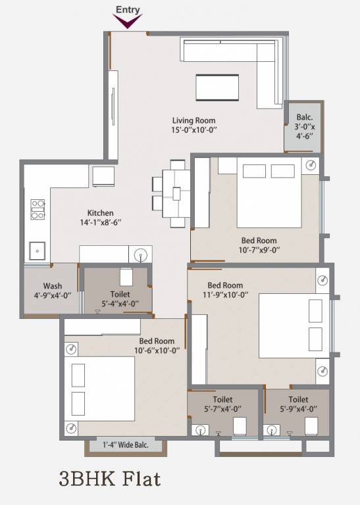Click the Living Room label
tap(193, 120)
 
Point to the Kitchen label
tap(101, 213)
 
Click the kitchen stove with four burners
tap(38, 209)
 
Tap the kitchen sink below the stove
tap(37, 251)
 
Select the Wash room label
tap(53, 286)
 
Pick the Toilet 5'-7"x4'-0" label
tap(222, 404)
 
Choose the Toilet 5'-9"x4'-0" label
tap(298, 404)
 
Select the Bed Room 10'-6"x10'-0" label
tap(157, 345)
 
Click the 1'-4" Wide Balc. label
tap(125, 445)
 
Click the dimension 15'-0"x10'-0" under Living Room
tap(193, 130)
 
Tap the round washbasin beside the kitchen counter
tap(140, 254)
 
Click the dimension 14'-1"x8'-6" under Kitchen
tap(101, 223)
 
